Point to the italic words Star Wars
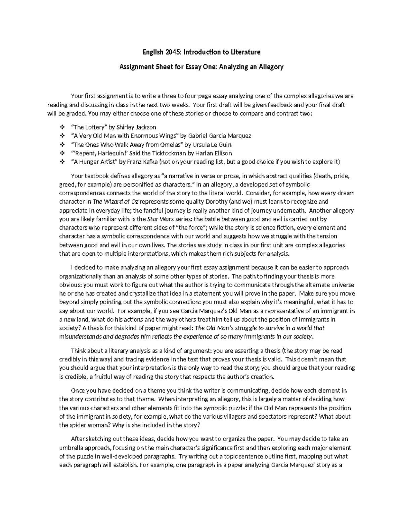(x=159, y=219)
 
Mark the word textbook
(x=97, y=176)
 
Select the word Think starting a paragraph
(x=78, y=351)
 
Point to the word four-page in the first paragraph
(x=195, y=96)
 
